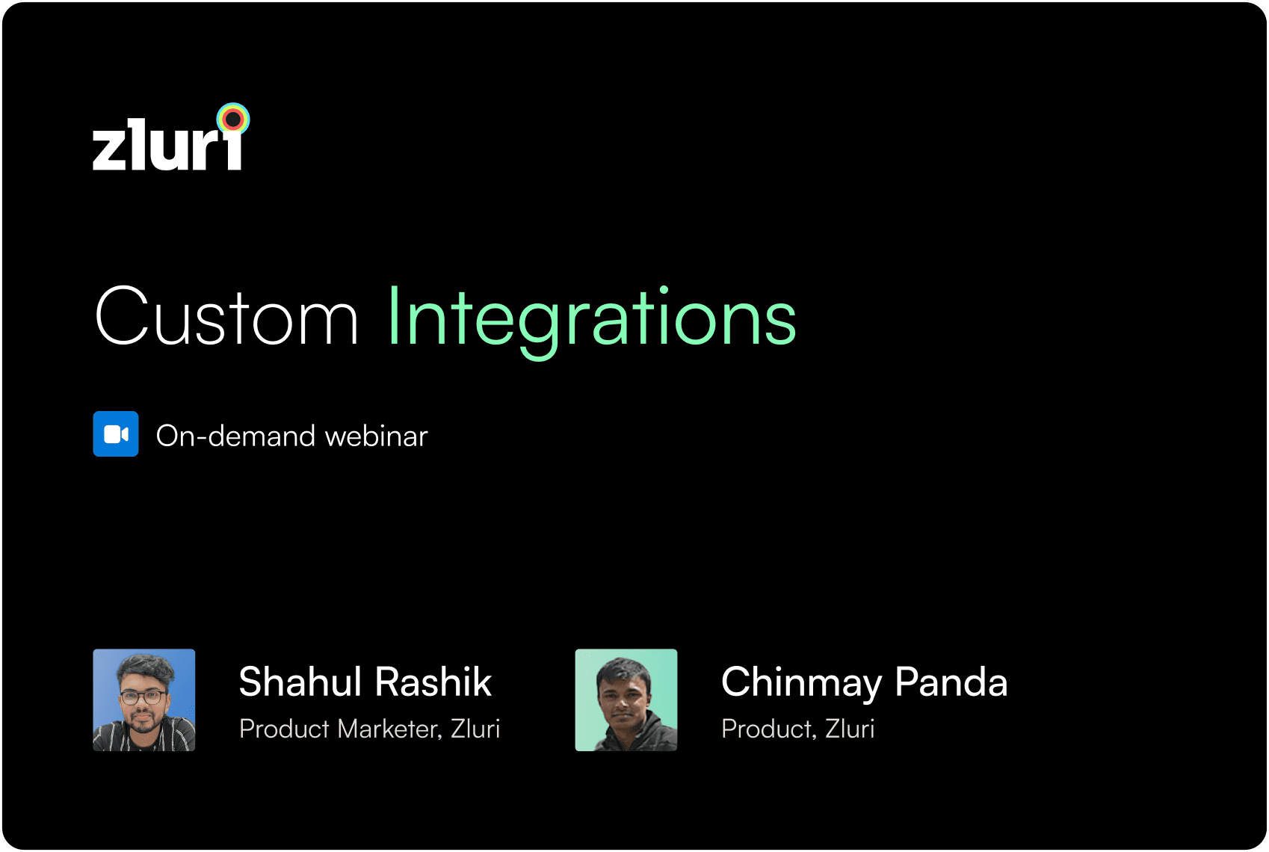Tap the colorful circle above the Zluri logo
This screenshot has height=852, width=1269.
(x=233, y=120)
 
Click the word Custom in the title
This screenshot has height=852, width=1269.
(x=226, y=316)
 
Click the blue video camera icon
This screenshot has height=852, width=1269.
(x=116, y=434)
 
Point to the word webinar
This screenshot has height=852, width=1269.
(x=376, y=436)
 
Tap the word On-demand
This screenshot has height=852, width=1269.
(x=235, y=436)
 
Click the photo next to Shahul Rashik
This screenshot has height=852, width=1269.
(x=144, y=700)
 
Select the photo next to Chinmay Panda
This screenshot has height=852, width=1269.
(x=626, y=700)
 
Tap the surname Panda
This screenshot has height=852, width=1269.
(x=951, y=682)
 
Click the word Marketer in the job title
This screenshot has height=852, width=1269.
(x=389, y=729)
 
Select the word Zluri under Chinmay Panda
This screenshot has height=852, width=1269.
(x=850, y=729)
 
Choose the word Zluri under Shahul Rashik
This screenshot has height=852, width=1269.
(x=475, y=729)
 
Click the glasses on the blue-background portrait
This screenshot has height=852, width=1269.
(x=143, y=697)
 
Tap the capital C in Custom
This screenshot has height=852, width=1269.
(x=122, y=315)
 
